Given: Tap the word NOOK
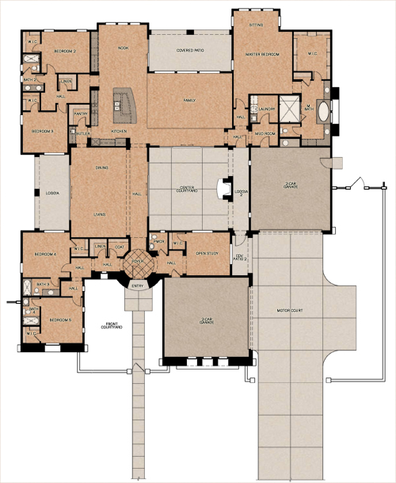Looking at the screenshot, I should [x=123, y=48].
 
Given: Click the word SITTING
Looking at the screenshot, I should [x=255, y=25].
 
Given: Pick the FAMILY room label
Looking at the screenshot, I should [x=188, y=101].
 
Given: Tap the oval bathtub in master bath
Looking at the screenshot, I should [x=325, y=113].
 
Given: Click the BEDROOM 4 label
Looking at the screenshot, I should [x=45, y=254].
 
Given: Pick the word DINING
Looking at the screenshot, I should [x=101, y=167].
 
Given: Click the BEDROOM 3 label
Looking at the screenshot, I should [x=43, y=130].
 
